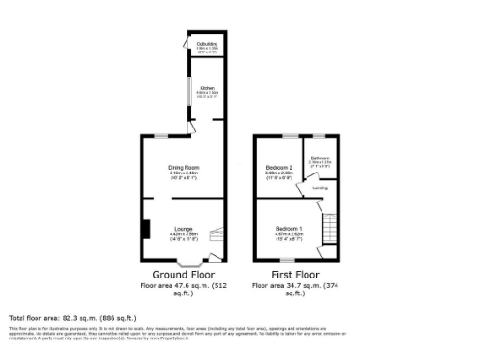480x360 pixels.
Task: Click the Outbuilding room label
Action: pos(206,44)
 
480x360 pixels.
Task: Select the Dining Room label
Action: pos(184,168)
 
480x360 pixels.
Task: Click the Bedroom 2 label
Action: pos(280,167)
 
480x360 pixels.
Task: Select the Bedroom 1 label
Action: pos(287,229)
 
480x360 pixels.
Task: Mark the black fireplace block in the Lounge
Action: pos(145,229)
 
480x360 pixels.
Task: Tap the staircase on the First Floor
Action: pos(329,227)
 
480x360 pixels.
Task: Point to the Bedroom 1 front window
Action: pos(288,260)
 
